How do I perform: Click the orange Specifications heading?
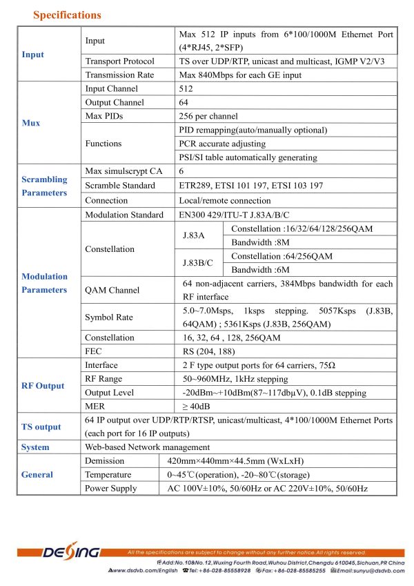coord(67,14)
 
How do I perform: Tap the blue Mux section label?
coord(31,123)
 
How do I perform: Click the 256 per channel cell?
coord(208,116)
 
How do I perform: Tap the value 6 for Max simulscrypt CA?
coord(181,171)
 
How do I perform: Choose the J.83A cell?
coord(193,235)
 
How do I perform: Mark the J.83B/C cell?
coord(197,262)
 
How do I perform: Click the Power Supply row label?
coord(110,488)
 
